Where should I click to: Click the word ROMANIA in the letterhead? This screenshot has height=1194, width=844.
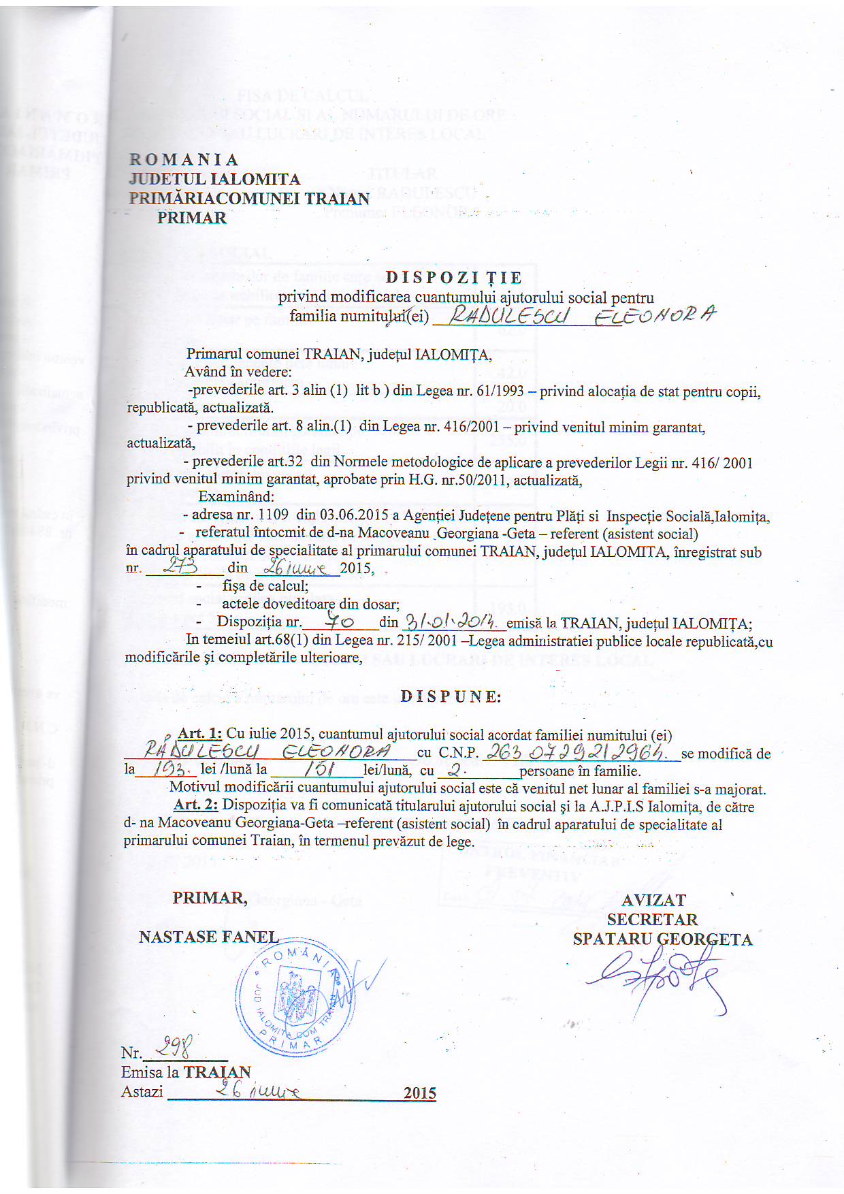point(184,160)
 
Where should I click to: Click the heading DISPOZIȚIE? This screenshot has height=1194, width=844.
point(454,278)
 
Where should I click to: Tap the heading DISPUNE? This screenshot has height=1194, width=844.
point(451,696)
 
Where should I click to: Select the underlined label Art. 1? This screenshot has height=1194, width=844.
point(199,734)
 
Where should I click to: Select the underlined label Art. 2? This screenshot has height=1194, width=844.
point(195,805)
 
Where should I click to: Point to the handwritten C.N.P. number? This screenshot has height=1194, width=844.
point(577,752)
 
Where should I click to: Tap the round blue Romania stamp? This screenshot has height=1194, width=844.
point(295,997)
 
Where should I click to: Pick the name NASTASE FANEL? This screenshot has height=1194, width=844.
point(208,937)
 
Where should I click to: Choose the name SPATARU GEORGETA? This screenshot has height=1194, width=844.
point(662,939)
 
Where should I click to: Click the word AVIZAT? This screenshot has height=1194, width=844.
point(653,900)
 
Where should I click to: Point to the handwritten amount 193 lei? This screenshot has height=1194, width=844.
point(166,770)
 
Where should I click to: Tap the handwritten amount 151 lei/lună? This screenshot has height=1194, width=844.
point(316,770)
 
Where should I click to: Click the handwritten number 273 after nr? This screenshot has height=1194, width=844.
point(180,567)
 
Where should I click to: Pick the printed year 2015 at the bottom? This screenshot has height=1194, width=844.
point(419,1093)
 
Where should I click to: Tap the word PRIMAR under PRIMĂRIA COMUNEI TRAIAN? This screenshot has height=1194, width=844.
point(192,218)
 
